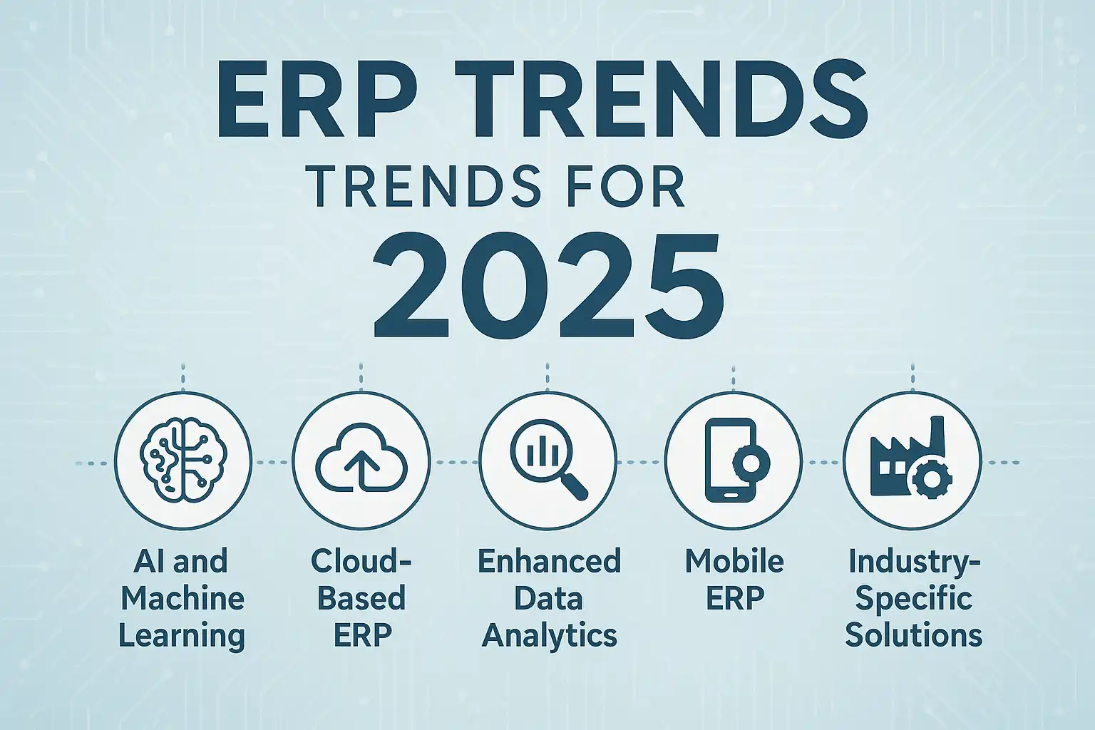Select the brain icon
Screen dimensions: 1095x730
pos(183,460)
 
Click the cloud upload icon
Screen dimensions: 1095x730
pos(361,458)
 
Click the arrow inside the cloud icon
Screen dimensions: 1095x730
pos(361,470)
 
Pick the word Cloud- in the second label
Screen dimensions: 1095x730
pos(361,561)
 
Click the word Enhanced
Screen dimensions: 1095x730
pos(550,561)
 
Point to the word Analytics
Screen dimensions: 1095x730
pos(550,636)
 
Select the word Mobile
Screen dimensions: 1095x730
pos(734,561)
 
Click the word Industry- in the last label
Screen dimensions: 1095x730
pos(914,562)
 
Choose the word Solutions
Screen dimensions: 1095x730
pos(914,635)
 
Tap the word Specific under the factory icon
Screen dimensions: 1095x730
pos(914,600)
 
